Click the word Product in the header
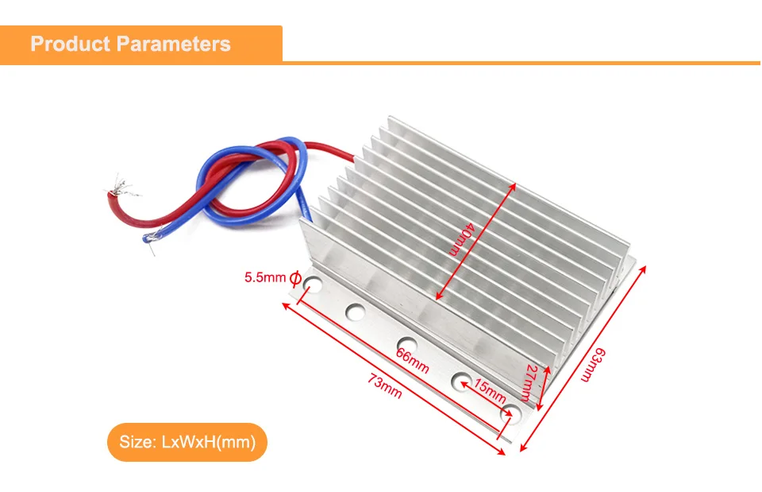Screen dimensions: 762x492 [69, 44]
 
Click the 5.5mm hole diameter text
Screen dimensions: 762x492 [264, 278]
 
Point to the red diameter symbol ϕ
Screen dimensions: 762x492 [294, 279]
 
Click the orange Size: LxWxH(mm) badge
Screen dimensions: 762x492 [187, 442]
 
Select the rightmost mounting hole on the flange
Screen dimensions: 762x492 [512, 413]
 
